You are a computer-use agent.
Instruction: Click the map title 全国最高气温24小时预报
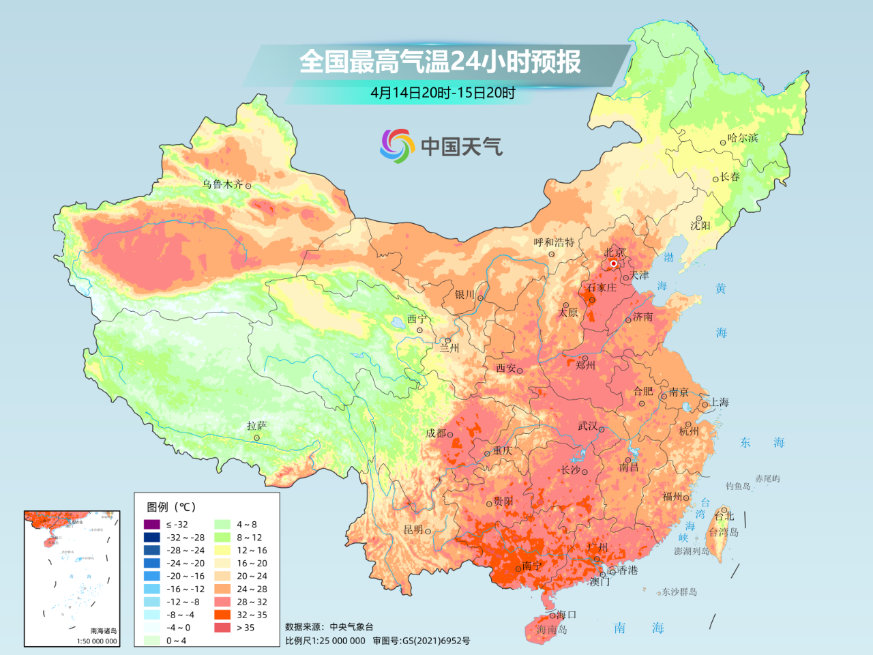[440, 62]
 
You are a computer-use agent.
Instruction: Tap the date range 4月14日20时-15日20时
[443, 93]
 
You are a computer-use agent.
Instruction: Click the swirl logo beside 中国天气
[397, 145]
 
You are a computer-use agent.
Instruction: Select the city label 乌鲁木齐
[222, 184]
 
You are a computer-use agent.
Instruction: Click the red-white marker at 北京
[614, 263]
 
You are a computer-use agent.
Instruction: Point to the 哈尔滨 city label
[743, 138]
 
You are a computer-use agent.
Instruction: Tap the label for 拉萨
[256, 426]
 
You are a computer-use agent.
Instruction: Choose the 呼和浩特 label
[554, 243]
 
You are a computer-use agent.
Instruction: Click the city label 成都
[435, 433]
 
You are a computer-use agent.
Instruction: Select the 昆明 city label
[413, 529]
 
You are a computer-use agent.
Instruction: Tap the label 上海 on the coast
[720, 402]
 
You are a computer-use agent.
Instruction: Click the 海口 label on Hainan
[566, 615]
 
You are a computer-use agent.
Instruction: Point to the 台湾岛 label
[724, 532]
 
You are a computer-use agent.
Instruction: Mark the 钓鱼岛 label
[738, 486]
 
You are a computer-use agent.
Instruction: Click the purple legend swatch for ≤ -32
[151, 524]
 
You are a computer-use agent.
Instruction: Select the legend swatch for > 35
[222, 628]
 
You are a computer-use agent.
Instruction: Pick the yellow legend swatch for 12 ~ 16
[222, 550]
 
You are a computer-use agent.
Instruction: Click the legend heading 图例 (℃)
[171, 507]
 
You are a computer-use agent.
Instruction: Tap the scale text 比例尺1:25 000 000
[325, 641]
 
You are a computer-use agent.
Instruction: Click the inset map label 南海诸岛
[104, 631]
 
